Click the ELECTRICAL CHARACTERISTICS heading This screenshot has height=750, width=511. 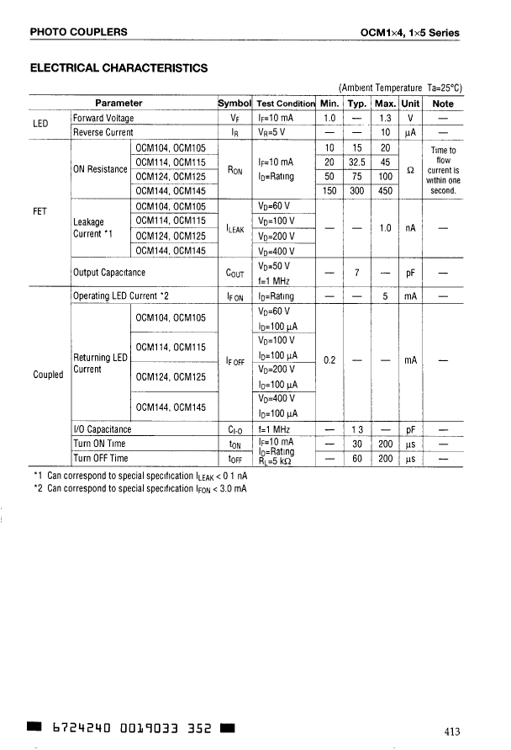(119, 66)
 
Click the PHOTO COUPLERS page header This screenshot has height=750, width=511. (79, 32)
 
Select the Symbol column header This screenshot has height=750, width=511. (234, 104)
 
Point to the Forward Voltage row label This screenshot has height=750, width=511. (103, 118)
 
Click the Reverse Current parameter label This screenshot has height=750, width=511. (103, 132)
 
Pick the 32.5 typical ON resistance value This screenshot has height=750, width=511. (357, 162)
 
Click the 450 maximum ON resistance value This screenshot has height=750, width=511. (385, 190)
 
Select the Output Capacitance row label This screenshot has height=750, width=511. (109, 272)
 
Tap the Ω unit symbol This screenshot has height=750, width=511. (410, 169)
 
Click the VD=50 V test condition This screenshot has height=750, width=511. (274, 265)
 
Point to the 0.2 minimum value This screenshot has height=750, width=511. (329, 359)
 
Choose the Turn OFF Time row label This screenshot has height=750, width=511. (101, 458)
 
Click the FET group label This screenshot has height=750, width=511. (40, 210)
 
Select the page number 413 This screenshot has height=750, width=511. (452, 730)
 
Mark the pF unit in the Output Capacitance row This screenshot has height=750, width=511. (410, 273)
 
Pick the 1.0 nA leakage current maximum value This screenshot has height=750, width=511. (385, 227)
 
